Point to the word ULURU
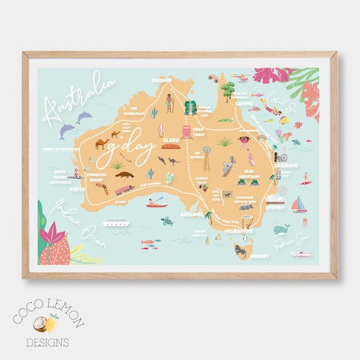click(171, 140)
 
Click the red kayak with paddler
click(156, 202)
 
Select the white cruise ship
click(115, 222)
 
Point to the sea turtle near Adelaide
click(166, 220)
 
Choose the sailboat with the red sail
click(299, 204)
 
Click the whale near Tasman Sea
click(282, 228)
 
